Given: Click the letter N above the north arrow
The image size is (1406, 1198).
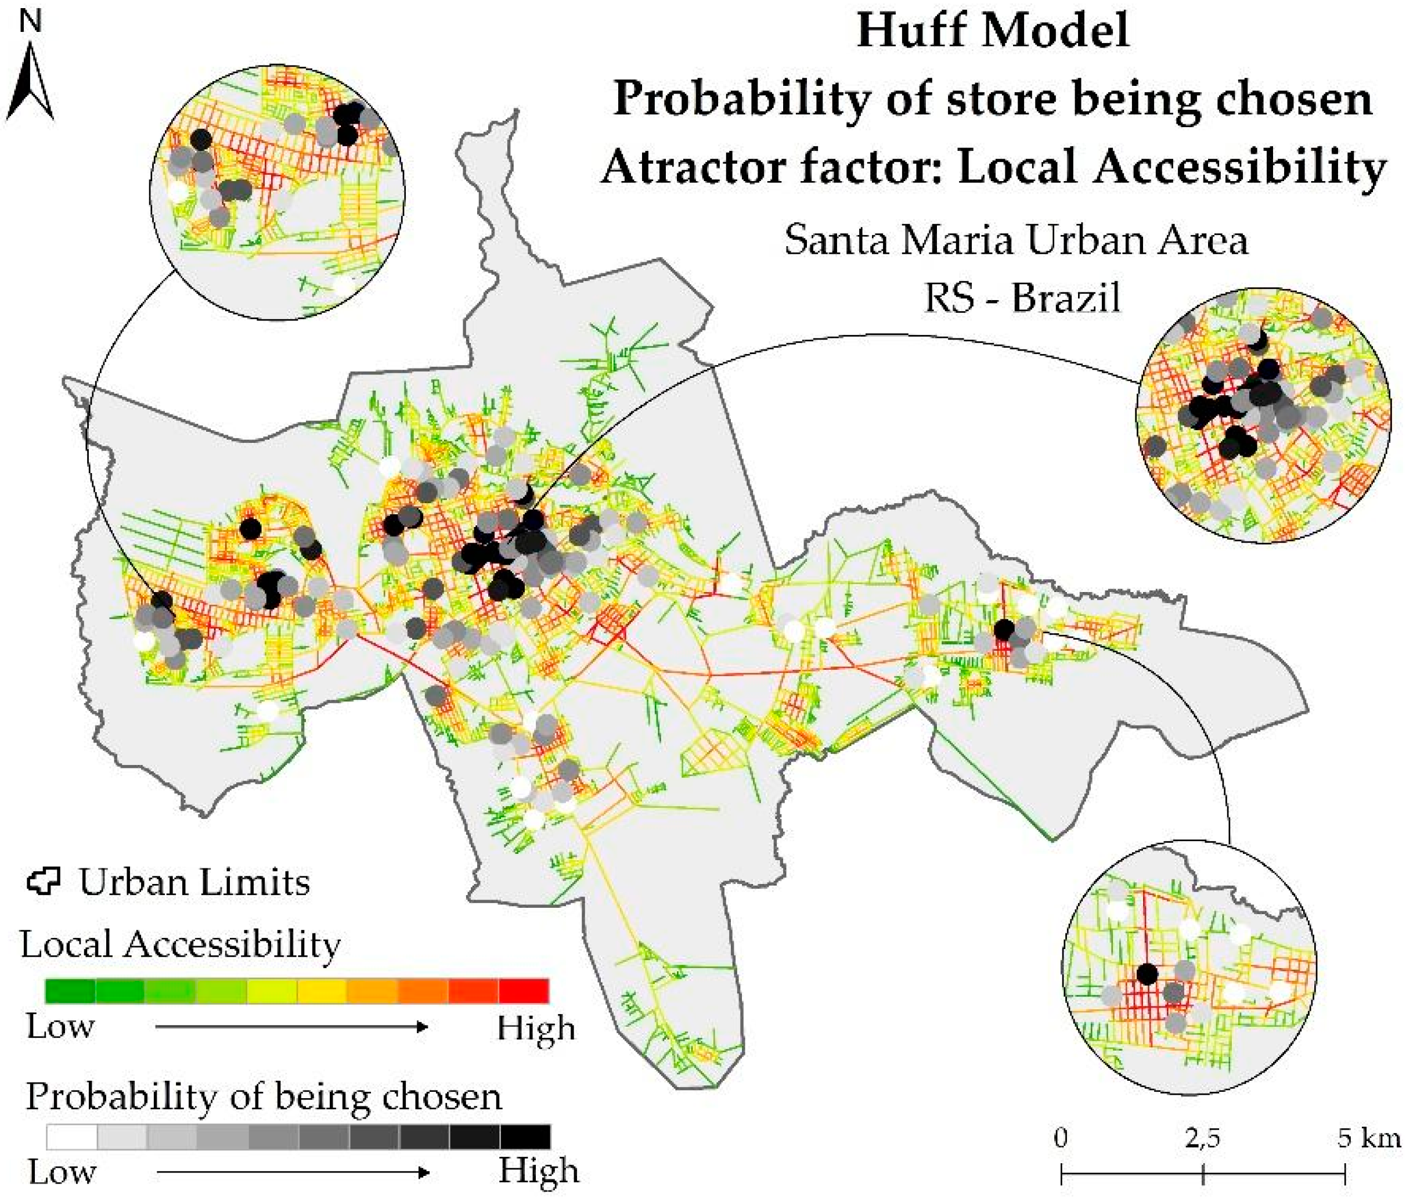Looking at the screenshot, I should [31, 23].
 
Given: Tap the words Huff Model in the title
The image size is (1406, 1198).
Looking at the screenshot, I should [993, 32].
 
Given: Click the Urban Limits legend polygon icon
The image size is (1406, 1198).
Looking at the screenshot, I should [44, 881].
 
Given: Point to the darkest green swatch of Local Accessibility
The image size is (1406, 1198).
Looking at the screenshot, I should [70, 990].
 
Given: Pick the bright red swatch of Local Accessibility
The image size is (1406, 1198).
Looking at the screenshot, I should [523, 990].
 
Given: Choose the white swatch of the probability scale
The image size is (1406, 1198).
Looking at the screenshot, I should [72, 1136].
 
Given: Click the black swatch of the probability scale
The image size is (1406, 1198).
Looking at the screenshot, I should [525, 1136].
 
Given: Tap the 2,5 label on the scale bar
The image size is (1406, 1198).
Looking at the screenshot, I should [1202, 1138].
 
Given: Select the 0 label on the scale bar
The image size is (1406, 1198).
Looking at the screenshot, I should [1061, 1138].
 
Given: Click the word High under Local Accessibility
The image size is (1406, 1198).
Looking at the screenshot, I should [535, 1029].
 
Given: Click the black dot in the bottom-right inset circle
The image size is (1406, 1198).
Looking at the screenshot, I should [1147, 975].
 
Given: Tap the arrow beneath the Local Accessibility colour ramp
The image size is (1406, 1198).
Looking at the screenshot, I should [292, 1026].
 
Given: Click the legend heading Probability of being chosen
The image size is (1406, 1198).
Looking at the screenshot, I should [264, 1097].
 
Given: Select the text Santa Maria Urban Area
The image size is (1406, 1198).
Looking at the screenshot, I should [1016, 240].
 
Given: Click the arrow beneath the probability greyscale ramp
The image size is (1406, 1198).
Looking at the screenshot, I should [293, 1172].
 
